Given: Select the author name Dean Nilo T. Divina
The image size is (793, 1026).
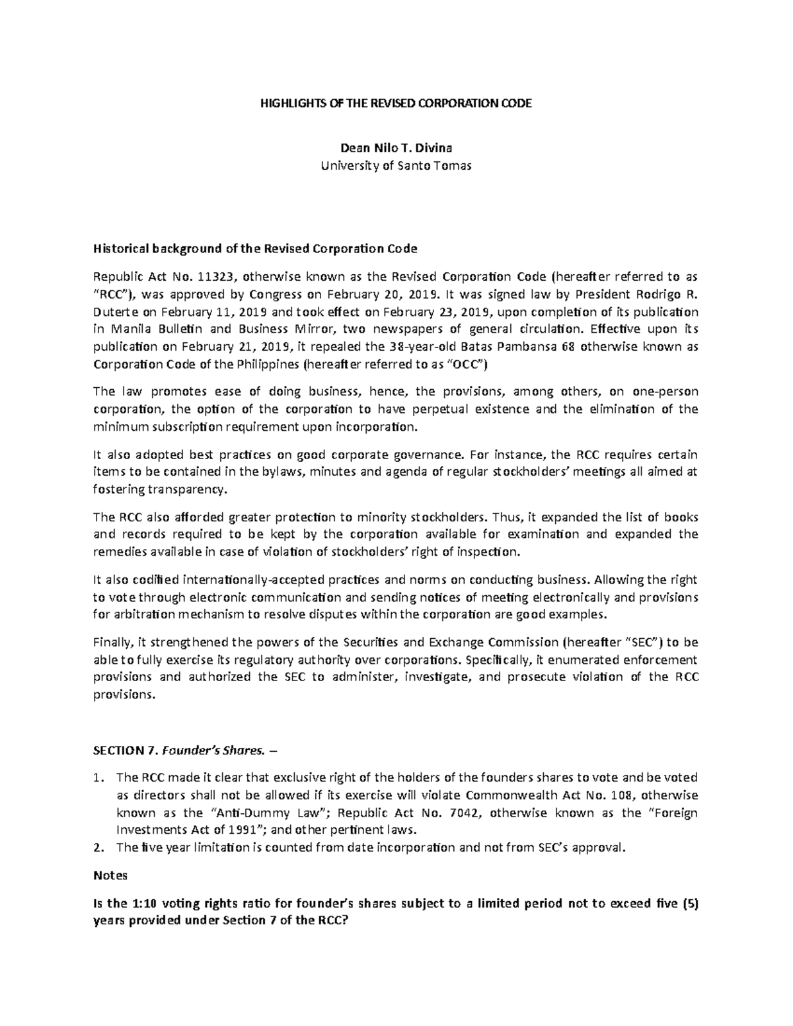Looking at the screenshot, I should (x=396, y=149).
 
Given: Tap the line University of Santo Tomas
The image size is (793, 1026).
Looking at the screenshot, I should (x=396, y=166).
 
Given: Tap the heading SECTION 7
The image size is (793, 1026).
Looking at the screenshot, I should (x=125, y=750).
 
